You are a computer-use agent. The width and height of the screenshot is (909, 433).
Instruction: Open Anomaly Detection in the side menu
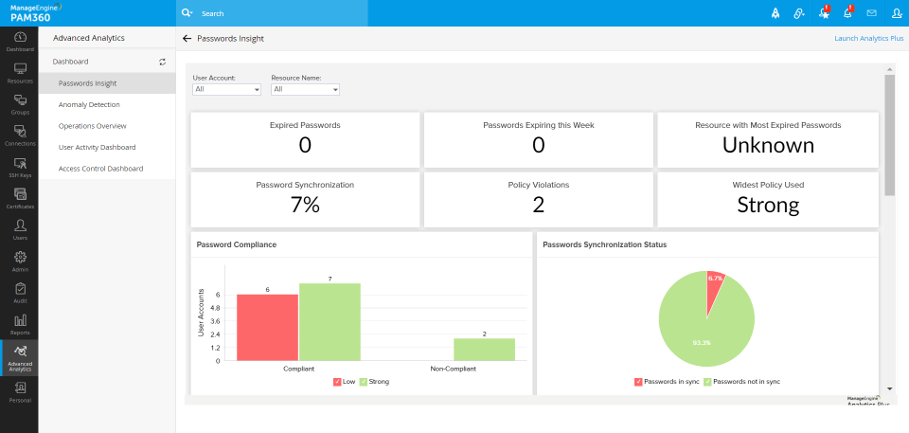89,104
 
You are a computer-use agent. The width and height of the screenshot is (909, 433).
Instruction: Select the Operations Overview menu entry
92,126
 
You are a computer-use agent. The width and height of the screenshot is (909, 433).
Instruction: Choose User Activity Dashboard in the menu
97,147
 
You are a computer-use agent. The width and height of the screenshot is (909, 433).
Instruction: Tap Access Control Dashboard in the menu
100,169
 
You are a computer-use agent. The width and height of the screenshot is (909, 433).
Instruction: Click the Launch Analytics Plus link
868,39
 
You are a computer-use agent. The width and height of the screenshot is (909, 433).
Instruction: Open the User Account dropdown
226,89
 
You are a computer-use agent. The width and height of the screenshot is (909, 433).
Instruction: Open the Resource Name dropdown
305,89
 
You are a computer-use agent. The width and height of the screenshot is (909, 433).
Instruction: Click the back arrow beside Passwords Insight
187,39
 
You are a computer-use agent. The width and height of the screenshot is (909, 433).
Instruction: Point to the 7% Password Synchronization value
305,205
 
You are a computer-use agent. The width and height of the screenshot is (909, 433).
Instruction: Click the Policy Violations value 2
538,205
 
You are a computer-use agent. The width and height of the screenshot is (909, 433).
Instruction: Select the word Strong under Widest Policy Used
768,205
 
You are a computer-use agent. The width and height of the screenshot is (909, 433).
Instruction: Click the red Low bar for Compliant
267,327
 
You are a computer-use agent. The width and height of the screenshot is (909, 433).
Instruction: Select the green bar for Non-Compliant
484,350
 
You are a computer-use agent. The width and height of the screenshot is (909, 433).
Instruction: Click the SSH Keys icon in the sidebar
19,166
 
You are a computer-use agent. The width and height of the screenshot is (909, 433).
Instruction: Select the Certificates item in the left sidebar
19,197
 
